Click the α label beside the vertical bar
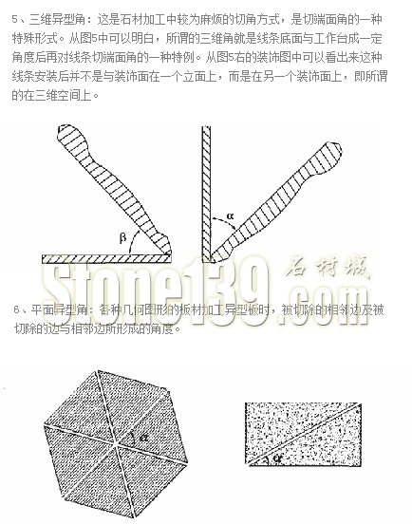click(230, 215)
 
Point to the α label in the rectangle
click(277, 458)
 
